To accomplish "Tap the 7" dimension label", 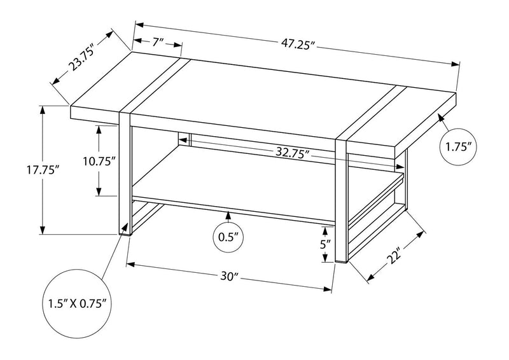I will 158,43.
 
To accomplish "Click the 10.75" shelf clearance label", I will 99,161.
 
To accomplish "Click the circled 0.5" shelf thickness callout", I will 228,238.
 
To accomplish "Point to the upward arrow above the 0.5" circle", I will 228,216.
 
